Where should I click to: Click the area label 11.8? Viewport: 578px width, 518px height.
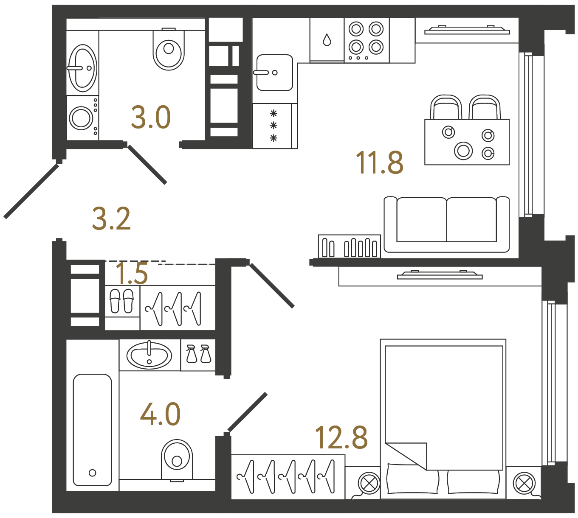coord(379,162)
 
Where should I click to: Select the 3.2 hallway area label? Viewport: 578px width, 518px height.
coord(111,219)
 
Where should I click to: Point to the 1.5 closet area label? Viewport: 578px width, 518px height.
coord(132,274)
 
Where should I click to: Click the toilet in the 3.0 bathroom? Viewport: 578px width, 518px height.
coord(169,50)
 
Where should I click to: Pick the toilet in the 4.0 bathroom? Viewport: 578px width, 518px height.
coord(177,459)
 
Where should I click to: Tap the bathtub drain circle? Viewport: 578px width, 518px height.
coord(92,473)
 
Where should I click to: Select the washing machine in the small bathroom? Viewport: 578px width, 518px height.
coord(81,118)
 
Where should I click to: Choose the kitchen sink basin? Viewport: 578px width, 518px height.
coord(274,73)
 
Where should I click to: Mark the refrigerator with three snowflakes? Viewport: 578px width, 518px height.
coord(273,126)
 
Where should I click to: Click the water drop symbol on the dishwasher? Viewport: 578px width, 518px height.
coord(327,40)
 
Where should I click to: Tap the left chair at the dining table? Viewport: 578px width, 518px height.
coord(445,107)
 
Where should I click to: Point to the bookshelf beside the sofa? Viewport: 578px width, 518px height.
coord(349,246)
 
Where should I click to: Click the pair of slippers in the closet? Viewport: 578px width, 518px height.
coord(121,301)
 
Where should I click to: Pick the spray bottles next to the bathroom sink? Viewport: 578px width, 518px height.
coord(198,354)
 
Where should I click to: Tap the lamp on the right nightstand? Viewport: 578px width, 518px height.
coord(524,483)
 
